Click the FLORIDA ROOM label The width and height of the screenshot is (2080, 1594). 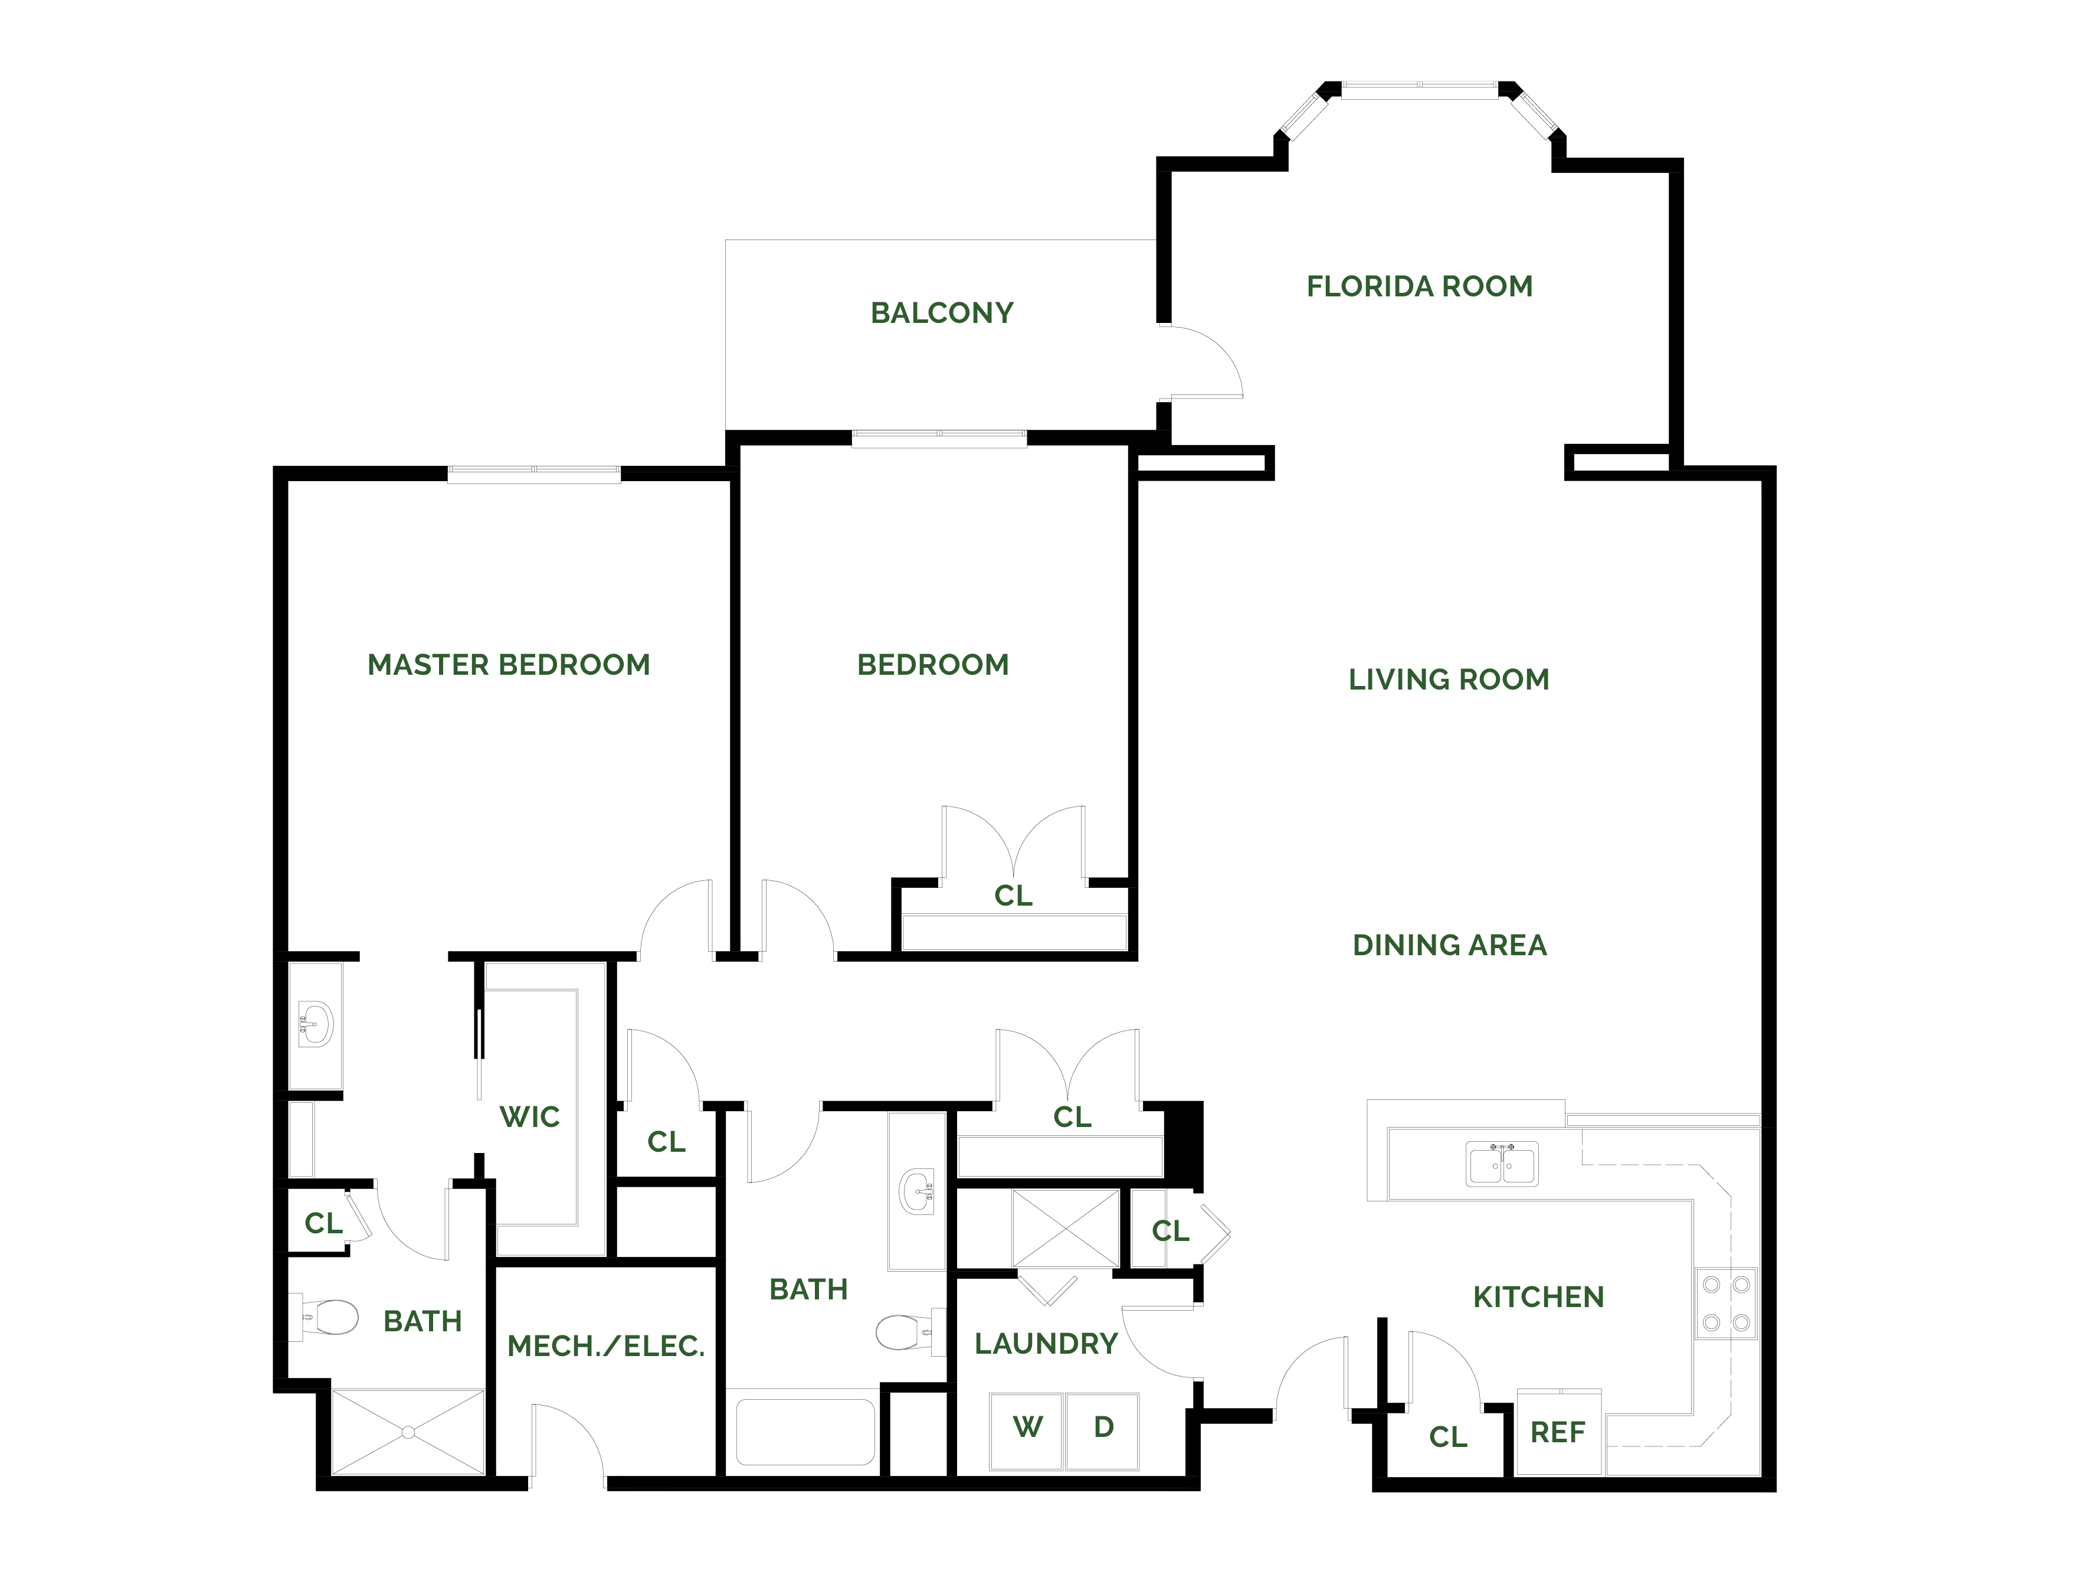tap(1419, 286)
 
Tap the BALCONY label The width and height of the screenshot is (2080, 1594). tap(942, 313)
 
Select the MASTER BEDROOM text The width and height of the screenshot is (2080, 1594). tap(509, 665)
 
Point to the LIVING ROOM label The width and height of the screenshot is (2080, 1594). tap(1448, 680)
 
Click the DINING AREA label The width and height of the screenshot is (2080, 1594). tap(1449, 945)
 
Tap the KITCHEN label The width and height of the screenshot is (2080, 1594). tap(1538, 1297)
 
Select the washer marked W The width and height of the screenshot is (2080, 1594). tap(1026, 1431)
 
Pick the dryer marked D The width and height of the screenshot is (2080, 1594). tap(1102, 1431)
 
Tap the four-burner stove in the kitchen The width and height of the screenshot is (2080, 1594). tap(1726, 1304)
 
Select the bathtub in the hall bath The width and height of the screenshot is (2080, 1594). tap(805, 1431)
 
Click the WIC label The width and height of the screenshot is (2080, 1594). tap(529, 1117)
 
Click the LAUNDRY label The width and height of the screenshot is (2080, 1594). tap(1046, 1344)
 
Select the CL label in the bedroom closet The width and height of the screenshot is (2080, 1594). tap(1013, 896)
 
